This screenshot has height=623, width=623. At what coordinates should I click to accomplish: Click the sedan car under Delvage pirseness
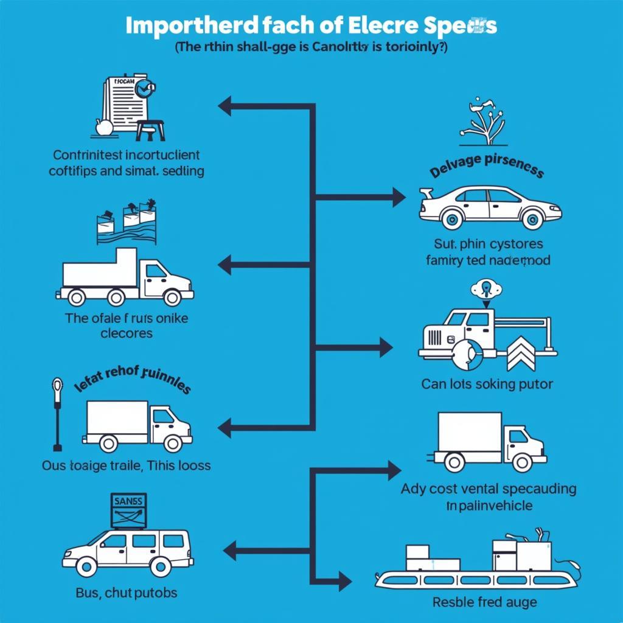tap(490, 207)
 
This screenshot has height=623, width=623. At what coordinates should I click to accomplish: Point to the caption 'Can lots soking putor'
tap(487, 384)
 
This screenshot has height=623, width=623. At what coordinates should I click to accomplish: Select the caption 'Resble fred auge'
tap(484, 602)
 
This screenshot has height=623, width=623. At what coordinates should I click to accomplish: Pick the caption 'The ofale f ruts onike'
tap(127, 318)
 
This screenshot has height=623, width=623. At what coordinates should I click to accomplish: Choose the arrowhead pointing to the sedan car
tap(399, 197)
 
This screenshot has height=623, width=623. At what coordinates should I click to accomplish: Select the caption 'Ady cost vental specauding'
tap(489, 489)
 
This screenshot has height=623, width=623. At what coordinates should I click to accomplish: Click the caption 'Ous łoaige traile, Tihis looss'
tap(126, 466)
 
